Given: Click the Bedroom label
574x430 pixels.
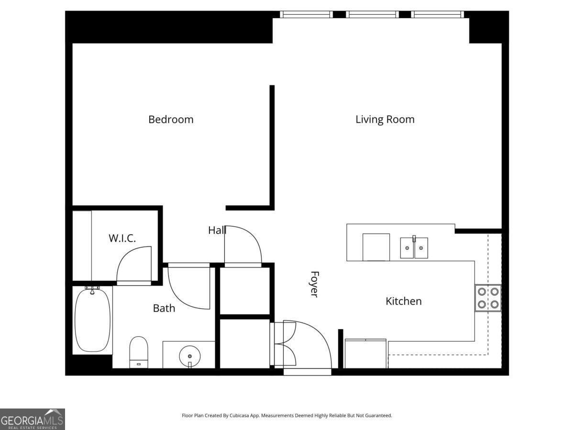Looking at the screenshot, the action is coord(171,119).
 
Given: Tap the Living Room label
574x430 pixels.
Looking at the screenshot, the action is coord(385,119).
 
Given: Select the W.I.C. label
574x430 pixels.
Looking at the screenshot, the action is coord(122,238).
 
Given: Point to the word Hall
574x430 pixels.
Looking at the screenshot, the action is coord(217,230).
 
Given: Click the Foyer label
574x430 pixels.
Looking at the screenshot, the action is coord(314,284).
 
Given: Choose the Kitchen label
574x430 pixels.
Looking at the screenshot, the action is coord(404,301).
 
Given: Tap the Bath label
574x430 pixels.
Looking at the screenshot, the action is coord(164,308).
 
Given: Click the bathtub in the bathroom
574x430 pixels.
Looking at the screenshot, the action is coord(93,320).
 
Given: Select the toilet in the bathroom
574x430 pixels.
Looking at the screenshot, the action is coord(139,352).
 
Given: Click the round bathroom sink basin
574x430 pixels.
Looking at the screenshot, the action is coord(190,356).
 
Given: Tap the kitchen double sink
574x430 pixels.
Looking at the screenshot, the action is coord(414,247).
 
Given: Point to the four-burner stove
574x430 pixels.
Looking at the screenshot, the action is coord(488,298).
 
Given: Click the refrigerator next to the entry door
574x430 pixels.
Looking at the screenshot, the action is coord(365,354).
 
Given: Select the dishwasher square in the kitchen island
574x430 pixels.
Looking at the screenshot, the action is coord(376,247).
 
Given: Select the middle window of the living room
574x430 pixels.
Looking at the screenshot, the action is coord(372,14).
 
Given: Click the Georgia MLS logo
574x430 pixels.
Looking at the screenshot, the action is coord(33,419).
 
